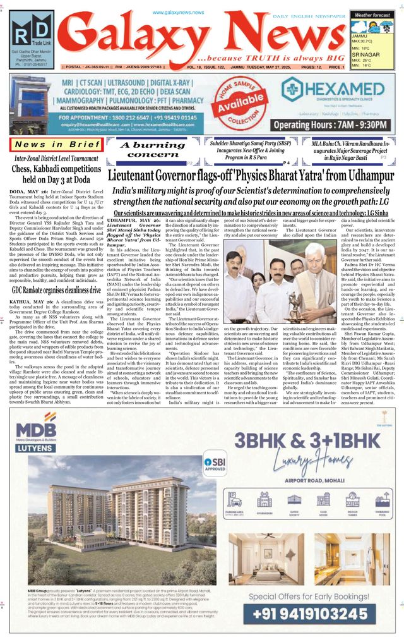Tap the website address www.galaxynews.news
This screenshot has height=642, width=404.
click(179, 13)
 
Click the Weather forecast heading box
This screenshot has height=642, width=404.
click(372, 14)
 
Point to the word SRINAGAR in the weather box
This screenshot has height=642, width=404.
click(365, 54)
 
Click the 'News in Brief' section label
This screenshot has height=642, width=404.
click(56, 145)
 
